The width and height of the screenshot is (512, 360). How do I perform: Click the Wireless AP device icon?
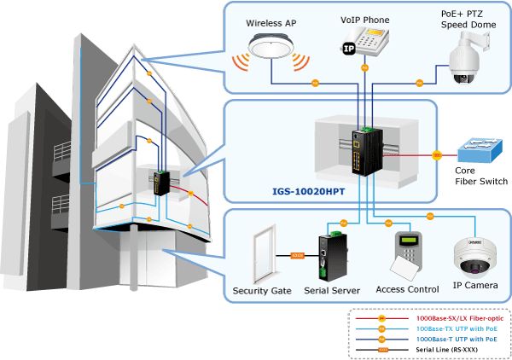point(272,46)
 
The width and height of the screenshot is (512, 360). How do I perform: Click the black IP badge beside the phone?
point(349,49)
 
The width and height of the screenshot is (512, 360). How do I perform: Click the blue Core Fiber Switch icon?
point(481,154)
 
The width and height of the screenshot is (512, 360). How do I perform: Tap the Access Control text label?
point(407,290)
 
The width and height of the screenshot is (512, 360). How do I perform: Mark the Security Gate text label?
point(262,290)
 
